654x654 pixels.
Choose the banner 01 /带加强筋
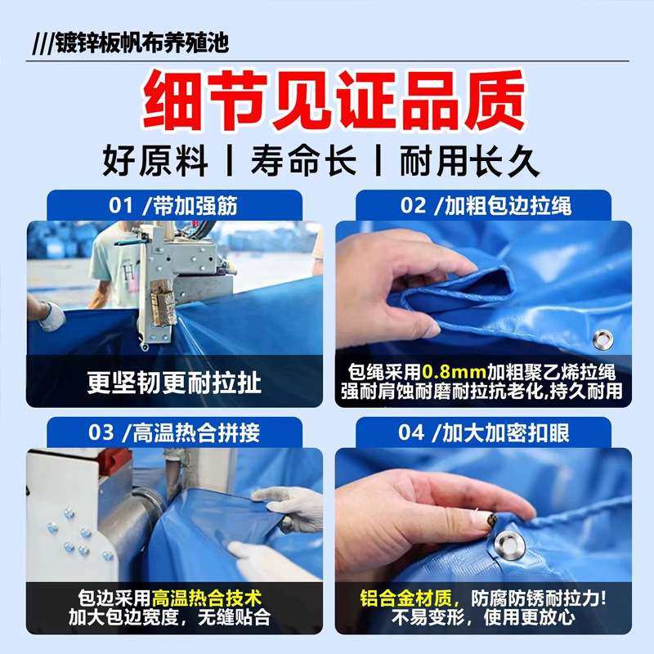click(173, 205)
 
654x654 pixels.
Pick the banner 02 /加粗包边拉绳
click(482, 205)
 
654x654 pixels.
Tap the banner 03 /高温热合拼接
click(173, 432)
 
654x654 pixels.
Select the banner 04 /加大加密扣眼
click(482, 432)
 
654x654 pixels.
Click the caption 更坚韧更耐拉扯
click(174, 382)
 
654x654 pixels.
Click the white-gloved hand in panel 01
click(50, 316)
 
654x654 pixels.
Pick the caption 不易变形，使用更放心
click(482, 618)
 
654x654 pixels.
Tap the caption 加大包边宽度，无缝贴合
click(174, 618)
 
